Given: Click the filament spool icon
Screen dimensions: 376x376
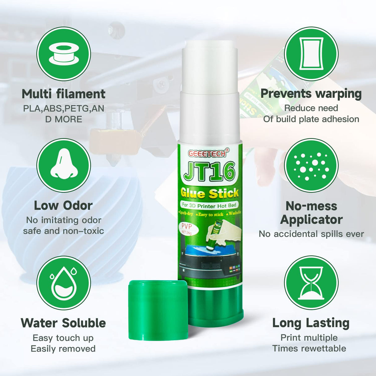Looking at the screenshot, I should [63, 54].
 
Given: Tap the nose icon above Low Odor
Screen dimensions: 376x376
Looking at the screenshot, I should [63, 165].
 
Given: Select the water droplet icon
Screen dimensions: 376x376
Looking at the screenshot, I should [63, 283].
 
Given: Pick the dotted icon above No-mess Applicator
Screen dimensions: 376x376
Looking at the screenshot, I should [311, 165].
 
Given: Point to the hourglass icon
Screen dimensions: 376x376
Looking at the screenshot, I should [311, 283].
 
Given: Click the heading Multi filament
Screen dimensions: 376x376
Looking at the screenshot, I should [63, 94].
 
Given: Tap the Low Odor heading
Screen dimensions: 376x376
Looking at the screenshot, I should [63, 205].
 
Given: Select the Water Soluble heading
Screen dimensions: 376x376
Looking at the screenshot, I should [63, 323].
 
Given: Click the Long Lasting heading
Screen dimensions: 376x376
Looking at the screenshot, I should [311, 323].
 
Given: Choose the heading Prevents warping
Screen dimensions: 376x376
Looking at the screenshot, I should [311, 94].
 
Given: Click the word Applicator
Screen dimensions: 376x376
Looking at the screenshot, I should [311, 220].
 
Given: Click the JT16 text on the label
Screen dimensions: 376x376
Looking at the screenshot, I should [209, 172].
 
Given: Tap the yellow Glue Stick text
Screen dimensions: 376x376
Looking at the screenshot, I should [210, 194].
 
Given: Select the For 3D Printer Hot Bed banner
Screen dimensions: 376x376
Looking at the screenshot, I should [209, 205].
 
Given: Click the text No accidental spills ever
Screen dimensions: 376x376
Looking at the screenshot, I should [311, 234].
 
